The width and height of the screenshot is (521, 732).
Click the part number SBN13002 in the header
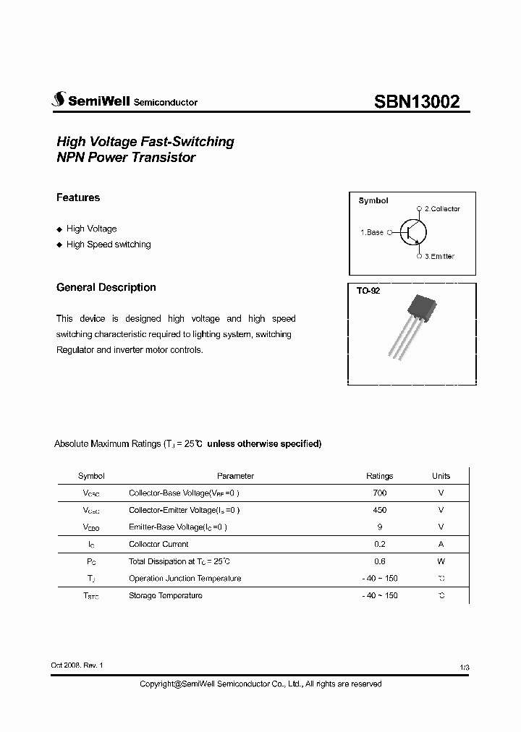click(416, 102)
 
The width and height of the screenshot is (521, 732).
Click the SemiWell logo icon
click(58, 101)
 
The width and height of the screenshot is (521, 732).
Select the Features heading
click(78, 197)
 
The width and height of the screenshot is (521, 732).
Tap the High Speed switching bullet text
click(109, 244)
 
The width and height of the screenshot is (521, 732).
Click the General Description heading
click(106, 287)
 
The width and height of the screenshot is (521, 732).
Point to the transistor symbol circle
click(413, 232)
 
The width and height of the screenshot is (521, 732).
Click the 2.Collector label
click(441, 209)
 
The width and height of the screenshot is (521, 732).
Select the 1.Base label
click(372, 232)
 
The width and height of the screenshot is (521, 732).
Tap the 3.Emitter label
click(439, 256)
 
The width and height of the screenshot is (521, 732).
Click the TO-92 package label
click(368, 291)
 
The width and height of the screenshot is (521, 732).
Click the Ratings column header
click(379, 476)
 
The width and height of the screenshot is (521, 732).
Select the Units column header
click(441, 476)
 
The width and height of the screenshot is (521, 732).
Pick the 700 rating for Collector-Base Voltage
click(379, 493)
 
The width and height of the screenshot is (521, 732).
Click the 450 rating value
click(379, 510)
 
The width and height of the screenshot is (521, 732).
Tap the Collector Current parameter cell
click(158, 544)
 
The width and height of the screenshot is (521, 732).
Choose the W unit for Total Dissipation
click(441, 561)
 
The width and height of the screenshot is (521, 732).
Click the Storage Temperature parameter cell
click(165, 595)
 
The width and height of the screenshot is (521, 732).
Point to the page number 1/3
click(464, 665)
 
